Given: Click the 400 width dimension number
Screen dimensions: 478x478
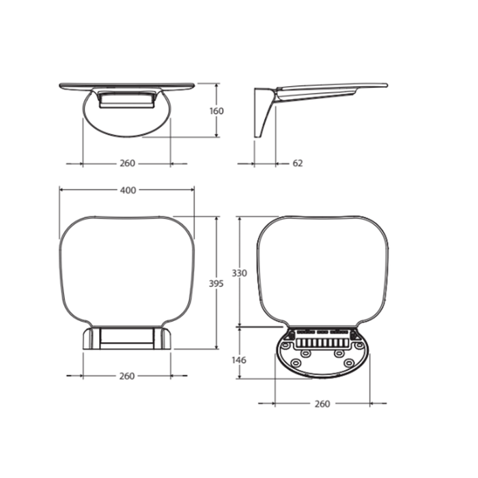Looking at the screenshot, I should point(128,191).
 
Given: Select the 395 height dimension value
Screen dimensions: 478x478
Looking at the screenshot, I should point(216,283).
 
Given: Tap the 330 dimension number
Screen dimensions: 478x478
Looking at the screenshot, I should point(238,273).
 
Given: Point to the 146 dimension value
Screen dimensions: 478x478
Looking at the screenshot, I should point(238,360).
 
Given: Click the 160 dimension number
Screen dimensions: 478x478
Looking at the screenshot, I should point(216,111).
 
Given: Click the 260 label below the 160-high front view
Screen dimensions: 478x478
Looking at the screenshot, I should point(127,163).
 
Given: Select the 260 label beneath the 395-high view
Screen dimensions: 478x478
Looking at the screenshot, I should point(127,376).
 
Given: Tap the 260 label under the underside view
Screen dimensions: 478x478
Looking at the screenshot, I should point(322,404).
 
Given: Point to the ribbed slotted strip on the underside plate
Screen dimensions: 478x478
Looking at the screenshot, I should point(321,340).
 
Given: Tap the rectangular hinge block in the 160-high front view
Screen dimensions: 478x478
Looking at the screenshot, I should point(127,100).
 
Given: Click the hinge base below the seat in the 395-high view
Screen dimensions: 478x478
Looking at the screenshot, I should point(127,338).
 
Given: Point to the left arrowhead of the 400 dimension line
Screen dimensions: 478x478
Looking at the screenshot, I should point(61,191).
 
